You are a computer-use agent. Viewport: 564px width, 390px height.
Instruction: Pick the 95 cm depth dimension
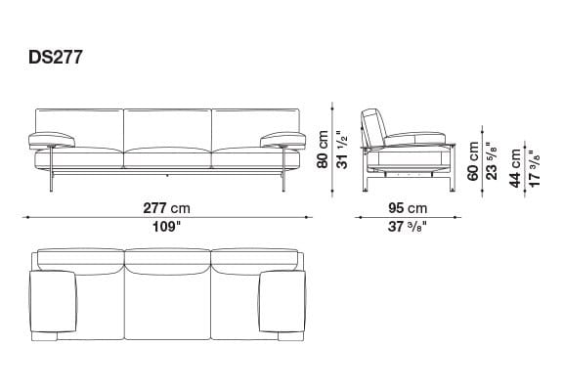[410, 209]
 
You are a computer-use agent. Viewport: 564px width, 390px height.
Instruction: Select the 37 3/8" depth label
[410, 227]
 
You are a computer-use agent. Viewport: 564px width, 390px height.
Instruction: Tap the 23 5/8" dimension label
[491, 158]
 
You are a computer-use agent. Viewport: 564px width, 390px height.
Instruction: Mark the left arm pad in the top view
[55, 304]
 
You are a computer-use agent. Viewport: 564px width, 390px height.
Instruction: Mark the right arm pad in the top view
[282, 304]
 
